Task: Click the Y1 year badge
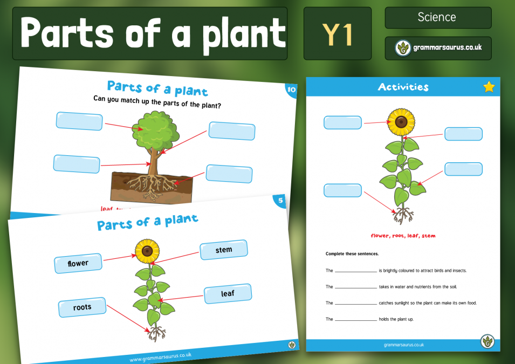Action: [337, 33]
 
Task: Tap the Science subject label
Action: [437, 17]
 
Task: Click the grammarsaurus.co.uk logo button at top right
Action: [438, 49]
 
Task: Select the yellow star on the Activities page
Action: [489, 87]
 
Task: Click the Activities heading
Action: [403, 87]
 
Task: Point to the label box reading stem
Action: [224, 250]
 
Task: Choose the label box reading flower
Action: [78, 264]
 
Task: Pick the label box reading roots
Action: [82, 307]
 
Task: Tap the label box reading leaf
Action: [228, 294]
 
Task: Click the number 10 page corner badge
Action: [292, 90]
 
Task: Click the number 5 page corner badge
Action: [280, 201]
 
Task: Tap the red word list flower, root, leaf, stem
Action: [403, 236]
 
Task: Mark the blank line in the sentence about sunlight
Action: [355, 304]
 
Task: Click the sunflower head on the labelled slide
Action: [147, 250]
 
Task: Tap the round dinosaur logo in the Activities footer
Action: [487, 341]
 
